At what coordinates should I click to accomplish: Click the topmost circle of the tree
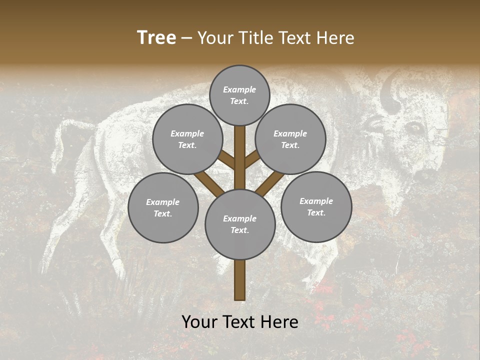[239, 95]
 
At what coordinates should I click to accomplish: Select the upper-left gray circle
[187, 139]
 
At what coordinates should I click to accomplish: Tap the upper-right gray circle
[290, 139]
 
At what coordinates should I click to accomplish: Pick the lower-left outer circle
[163, 207]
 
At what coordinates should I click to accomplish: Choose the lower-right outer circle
[316, 206]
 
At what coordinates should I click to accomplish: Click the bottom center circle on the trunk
[240, 224]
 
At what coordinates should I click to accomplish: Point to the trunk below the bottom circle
[240, 280]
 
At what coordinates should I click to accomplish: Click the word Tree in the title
[156, 38]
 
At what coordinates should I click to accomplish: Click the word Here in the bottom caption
[281, 322]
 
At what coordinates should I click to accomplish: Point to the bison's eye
[414, 128]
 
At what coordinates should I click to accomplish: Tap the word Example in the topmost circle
[239, 89]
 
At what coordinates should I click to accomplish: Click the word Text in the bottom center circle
[239, 230]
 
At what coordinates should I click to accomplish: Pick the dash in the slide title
[186, 38]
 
